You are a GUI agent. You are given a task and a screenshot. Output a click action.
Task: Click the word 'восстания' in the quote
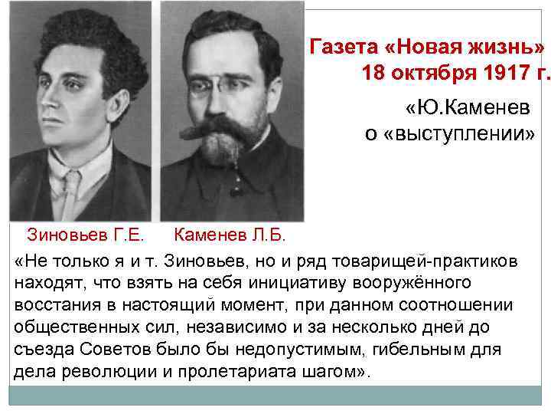coord(51,305)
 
